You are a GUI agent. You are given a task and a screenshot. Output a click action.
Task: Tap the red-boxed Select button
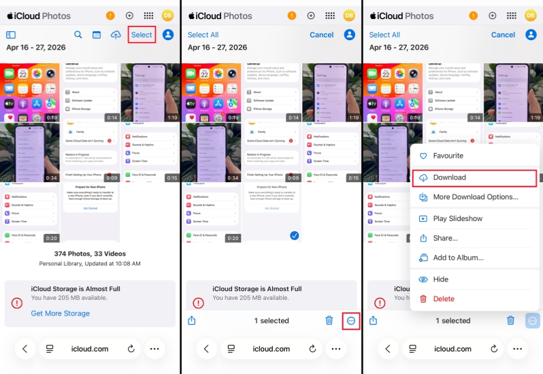pos(142,35)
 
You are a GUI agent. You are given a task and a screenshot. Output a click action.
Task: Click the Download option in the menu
pos(449,177)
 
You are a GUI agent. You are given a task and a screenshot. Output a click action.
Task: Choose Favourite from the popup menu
pos(448,156)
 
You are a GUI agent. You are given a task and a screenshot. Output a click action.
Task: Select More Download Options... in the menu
pos(475,197)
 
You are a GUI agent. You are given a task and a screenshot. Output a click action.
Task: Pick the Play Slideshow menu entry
pos(457,219)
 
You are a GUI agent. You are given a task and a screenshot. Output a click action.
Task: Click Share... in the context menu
pos(445,239)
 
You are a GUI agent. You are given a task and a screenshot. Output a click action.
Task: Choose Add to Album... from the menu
pos(458,258)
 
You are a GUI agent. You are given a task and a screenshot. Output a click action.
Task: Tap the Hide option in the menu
pos(440,279)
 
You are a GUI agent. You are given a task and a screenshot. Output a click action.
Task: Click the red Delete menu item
pos(443,299)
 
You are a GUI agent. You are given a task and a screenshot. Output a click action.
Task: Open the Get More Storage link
pos(61,313)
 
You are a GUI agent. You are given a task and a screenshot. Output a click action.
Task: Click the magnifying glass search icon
pos(78,35)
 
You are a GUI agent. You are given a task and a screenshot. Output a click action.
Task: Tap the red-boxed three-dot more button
pos(351,320)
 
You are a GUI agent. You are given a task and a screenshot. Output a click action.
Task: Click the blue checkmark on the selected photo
pos(294,235)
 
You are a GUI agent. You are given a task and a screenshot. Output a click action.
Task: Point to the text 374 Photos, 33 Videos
pos(90,254)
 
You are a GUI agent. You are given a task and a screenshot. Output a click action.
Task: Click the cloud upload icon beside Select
pos(116,35)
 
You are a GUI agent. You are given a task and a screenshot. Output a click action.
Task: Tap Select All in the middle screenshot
pos(203,35)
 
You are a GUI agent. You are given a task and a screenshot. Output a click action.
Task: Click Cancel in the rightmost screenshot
pos(503,35)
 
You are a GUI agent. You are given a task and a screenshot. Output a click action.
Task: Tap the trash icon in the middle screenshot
pos(329,320)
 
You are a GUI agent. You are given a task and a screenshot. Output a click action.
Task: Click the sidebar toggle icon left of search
pos(11,35)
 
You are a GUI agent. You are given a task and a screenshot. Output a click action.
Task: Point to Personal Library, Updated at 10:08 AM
pos(90,264)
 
